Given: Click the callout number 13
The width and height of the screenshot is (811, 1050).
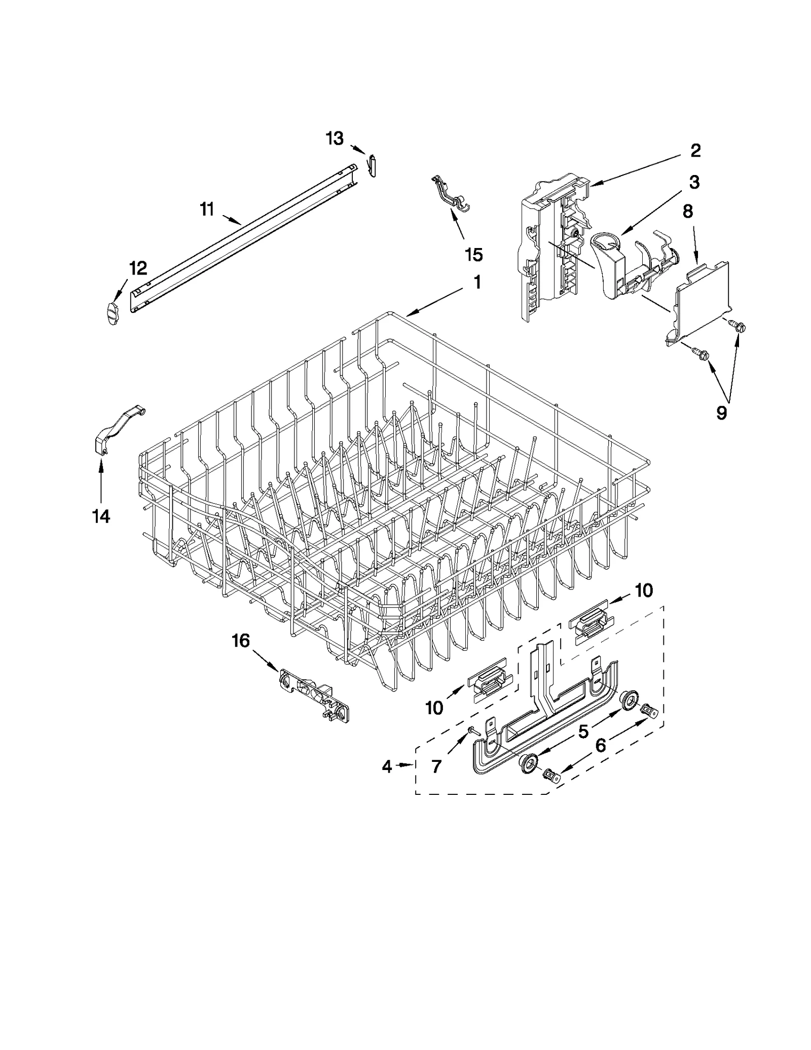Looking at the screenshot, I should [x=335, y=138].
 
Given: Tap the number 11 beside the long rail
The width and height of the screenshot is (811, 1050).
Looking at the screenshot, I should [x=207, y=209].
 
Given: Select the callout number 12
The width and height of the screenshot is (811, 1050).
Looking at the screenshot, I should [x=138, y=268].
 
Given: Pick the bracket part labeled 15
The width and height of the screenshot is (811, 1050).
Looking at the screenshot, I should [x=451, y=195].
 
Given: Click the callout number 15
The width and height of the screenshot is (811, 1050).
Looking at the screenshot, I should [x=473, y=255].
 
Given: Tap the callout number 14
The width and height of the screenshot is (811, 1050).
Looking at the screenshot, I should [x=101, y=516].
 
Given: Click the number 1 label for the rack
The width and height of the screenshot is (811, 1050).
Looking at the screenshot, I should [x=477, y=283].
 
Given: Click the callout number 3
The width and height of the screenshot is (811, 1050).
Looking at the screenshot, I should [x=694, y=182].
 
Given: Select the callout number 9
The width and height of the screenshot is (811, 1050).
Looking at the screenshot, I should [x=721, y=413].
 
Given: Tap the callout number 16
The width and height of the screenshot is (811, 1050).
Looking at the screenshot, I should [x=241, y=641].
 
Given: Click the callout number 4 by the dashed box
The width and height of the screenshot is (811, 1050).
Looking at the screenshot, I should [x=387, y=767].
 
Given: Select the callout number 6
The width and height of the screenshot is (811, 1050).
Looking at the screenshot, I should [x=600, y=746].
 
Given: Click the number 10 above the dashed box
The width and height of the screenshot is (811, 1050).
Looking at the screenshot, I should [x=644, y=590].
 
